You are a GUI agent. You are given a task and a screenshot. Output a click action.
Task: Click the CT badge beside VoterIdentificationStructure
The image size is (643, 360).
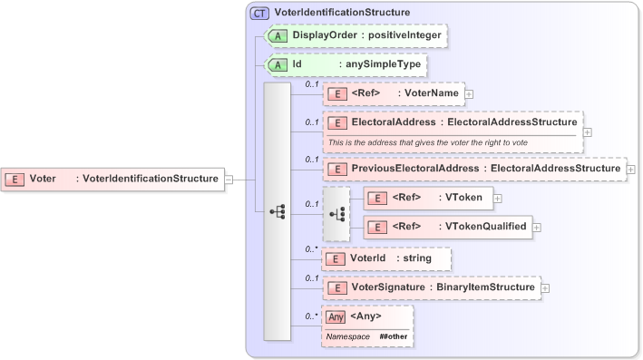[x=259, y=13]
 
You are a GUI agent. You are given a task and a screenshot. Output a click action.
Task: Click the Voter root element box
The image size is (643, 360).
[x=113, y=179]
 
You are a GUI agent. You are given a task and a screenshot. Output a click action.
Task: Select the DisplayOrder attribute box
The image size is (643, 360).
[x=355, y=35]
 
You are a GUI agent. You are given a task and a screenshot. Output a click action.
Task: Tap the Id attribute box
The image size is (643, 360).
[x=345, y=65]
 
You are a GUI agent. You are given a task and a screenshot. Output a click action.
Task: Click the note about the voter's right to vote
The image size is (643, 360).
[x=427, y=142]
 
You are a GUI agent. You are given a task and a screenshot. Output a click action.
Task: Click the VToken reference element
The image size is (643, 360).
[x=428, y=197]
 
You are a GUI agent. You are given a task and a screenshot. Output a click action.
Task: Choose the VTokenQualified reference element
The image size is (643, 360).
[x=446, y=227]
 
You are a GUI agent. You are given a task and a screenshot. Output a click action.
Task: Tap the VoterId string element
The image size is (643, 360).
[x=386, y=258]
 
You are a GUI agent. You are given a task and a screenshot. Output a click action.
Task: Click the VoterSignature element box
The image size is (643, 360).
[x=432, y=287]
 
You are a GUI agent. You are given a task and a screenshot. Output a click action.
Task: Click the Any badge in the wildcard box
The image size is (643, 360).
[x=336, y=316]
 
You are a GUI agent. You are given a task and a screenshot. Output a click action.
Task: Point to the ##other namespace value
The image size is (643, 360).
[x=393, y=336]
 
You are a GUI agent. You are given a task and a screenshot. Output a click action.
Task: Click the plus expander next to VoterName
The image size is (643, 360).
[x=469, y=93]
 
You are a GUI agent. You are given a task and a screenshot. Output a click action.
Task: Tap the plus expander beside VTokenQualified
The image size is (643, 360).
[x=537, y=227]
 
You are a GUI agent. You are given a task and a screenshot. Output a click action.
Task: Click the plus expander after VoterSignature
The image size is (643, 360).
[x=545, y=288]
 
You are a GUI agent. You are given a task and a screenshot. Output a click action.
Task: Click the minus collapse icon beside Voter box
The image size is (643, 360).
[x=229, y=179]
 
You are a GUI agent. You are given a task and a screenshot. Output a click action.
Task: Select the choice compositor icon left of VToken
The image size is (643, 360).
[x=336, y=214]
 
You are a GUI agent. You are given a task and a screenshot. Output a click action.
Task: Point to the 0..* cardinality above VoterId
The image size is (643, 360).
[x=312, y=248]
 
